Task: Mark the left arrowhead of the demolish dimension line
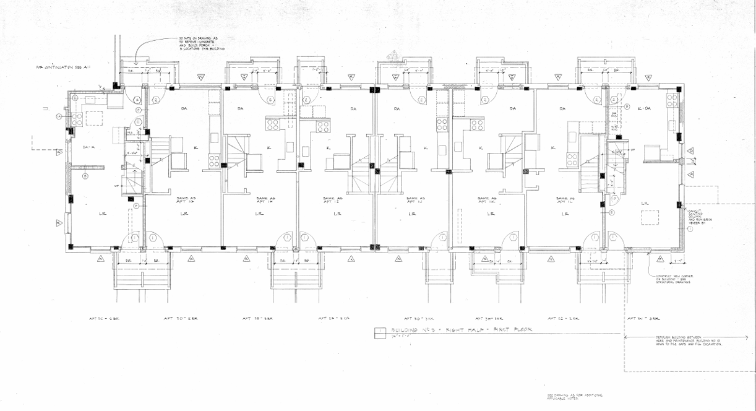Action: coord(626,337)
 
